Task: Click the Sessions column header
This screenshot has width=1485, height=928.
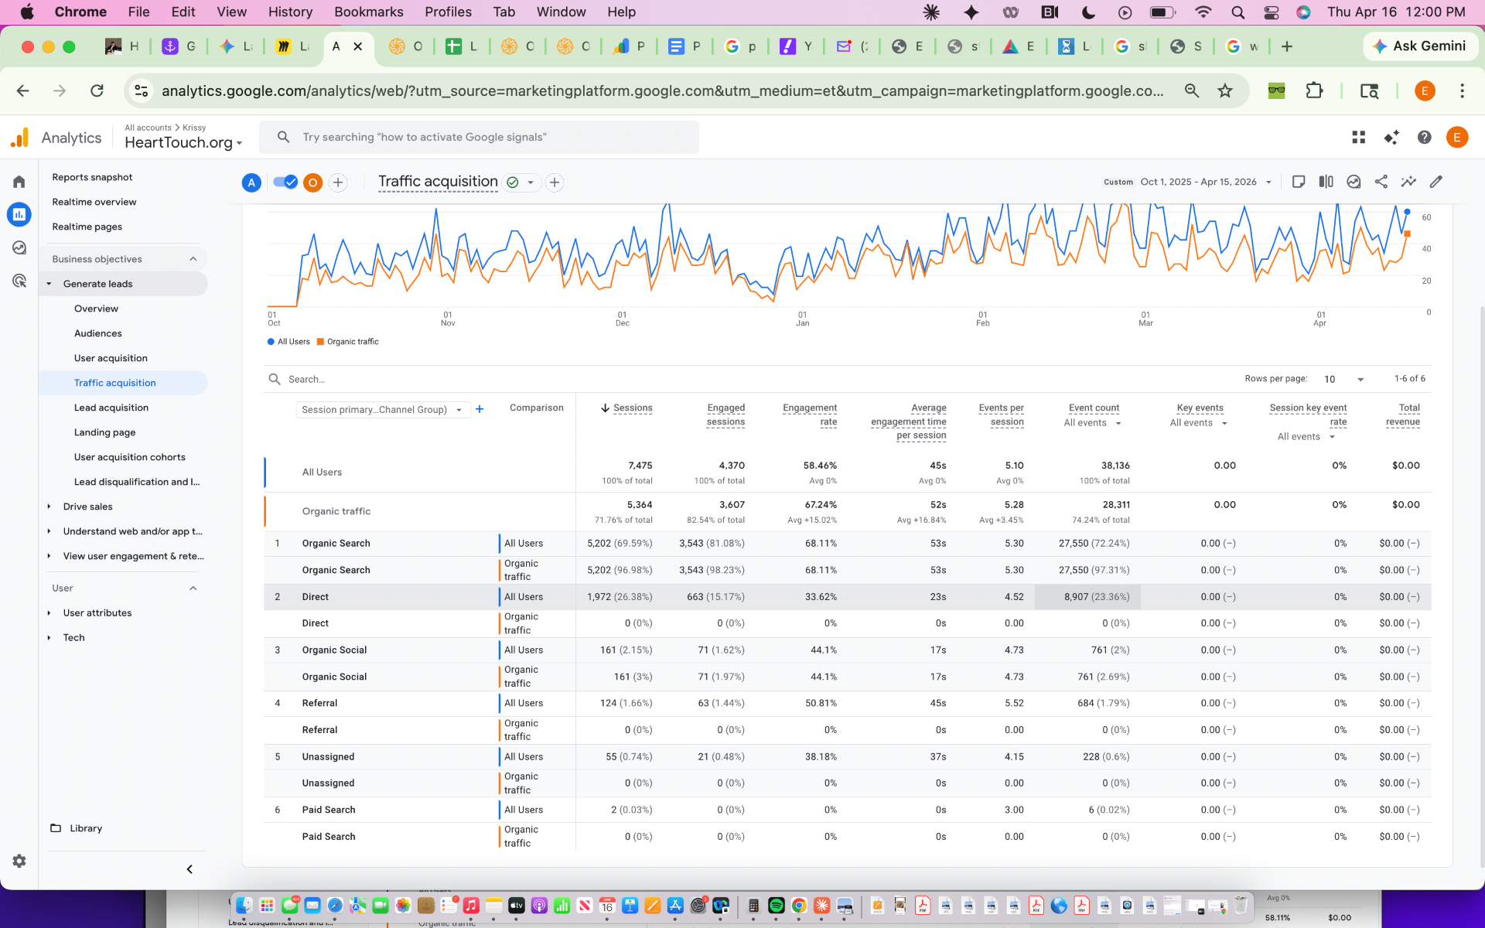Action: (x=633, y=408)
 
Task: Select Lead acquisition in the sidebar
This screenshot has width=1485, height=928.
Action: (x=111, y=408)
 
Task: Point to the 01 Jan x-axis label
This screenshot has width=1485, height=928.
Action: (x=803, y=319)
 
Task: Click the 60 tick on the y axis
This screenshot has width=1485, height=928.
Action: (x=1426, y=217)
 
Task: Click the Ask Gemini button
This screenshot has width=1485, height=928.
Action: (x=1420, y=46)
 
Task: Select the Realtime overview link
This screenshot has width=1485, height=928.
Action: (x=94, y=202)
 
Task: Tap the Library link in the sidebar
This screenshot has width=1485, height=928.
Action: (x=86, y=828)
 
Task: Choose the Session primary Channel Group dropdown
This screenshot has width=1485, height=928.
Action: (x=383, y=410)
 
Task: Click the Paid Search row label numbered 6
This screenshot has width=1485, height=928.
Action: (x=329, y=810)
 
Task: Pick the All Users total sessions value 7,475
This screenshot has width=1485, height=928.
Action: (x=640, y=466)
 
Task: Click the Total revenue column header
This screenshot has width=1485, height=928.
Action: (x=1403, y=415)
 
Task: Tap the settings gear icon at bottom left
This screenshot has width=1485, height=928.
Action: (x=19, y=861)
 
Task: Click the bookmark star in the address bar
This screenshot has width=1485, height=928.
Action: (x=1225, y=90)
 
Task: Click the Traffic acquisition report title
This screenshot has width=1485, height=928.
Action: (x=438, y=182)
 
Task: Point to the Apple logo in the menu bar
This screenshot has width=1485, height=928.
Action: (x=27, y=12)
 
